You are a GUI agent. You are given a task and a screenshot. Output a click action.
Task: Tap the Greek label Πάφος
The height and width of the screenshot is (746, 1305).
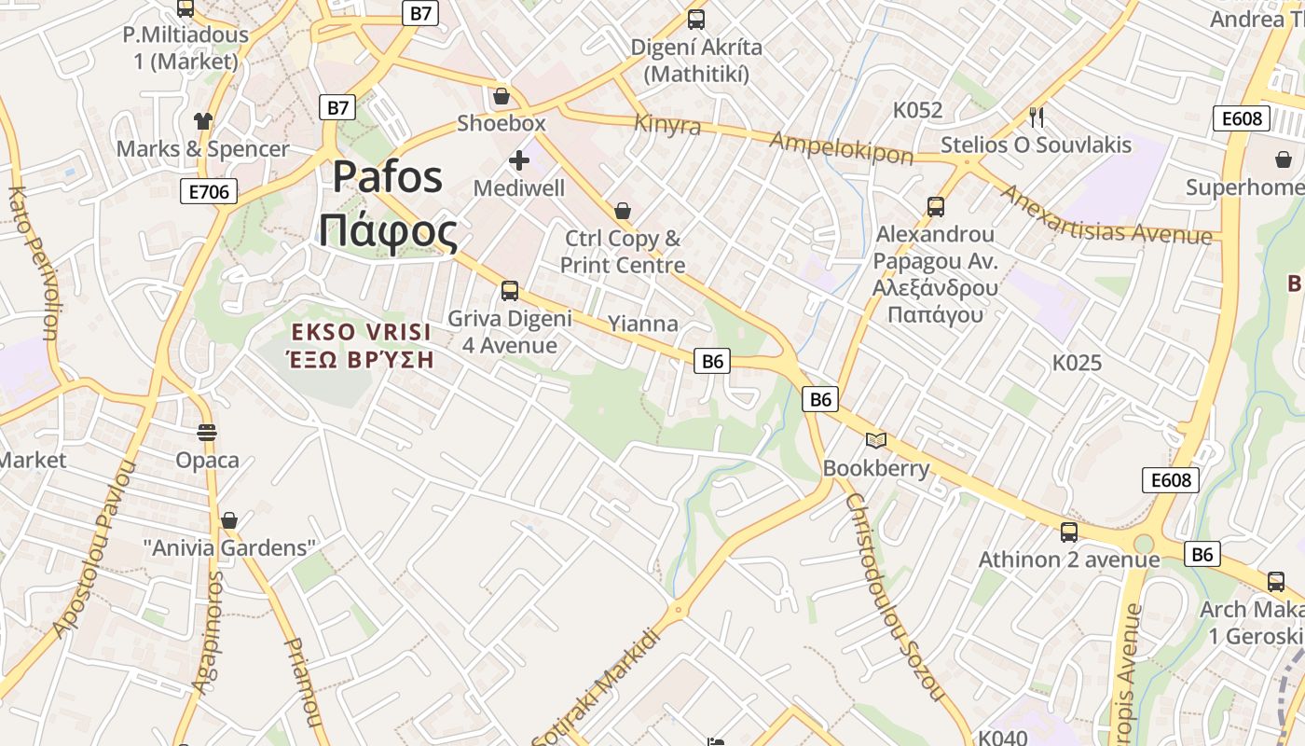pos(388,231)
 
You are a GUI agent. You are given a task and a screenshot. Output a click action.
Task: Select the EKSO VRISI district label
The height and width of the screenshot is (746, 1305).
pos(361,332)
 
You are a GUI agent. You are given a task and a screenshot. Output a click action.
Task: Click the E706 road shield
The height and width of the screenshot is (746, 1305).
pos(208,192)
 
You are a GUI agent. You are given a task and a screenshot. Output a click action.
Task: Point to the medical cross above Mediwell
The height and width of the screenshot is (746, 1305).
pos(519,161)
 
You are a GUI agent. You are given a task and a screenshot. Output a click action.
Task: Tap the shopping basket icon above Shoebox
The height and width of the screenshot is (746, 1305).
pos(501,96)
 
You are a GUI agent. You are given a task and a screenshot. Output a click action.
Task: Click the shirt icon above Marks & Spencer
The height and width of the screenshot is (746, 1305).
pos(203,121)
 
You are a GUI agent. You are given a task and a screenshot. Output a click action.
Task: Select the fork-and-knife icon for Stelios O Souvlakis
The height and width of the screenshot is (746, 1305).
pos(1036,117)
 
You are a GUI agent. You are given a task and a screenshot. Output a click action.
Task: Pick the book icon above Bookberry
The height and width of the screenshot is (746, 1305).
pos(875,440)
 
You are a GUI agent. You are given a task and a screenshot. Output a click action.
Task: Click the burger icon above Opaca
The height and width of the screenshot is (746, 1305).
pos(207,433)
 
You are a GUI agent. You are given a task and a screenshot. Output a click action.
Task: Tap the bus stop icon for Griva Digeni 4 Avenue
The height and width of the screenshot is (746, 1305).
pos(510,291)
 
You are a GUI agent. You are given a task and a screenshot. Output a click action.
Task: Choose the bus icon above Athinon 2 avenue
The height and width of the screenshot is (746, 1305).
pos(1069,532)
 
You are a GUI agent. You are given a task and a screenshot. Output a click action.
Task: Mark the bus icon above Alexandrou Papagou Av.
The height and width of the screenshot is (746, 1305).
pos(936,207)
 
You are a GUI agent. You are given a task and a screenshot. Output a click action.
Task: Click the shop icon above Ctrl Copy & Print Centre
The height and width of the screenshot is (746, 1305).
pos(623,212)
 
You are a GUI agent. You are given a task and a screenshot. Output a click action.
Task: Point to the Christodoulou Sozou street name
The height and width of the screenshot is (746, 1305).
pos(895,597)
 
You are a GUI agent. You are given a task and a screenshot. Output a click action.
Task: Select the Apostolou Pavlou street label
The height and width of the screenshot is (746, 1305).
pos(94,550)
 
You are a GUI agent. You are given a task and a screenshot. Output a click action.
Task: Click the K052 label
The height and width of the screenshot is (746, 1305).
pos(917,110)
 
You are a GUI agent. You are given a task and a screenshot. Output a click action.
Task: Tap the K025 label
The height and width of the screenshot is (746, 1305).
pos(1077,363)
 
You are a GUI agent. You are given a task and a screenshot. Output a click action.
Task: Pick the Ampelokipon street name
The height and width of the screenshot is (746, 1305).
pos(841,147)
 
